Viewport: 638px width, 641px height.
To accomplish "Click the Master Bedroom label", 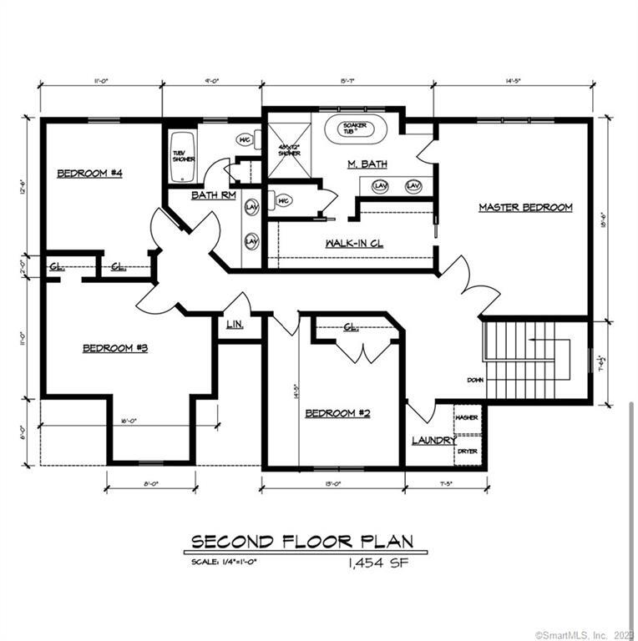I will [525, 207].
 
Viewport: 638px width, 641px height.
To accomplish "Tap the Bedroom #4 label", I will [90, 174].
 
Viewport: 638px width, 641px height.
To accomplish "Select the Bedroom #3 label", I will [115, 348].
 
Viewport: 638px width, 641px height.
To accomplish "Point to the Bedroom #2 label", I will [338, 413].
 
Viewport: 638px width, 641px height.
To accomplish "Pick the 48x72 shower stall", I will [288, 148].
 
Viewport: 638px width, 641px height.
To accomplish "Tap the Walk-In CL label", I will [353, 243].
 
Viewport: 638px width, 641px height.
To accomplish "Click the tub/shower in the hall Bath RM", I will [182, 156].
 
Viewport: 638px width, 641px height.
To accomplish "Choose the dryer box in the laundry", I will [467, 451].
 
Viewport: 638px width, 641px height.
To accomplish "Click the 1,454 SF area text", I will [378, 563].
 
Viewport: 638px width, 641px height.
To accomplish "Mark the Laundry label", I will [433, 440].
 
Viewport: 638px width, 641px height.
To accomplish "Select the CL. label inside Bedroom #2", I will [351, 327].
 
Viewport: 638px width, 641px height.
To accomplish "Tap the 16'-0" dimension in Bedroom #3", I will [129, 421].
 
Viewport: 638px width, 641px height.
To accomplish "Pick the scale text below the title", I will [224, 563].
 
